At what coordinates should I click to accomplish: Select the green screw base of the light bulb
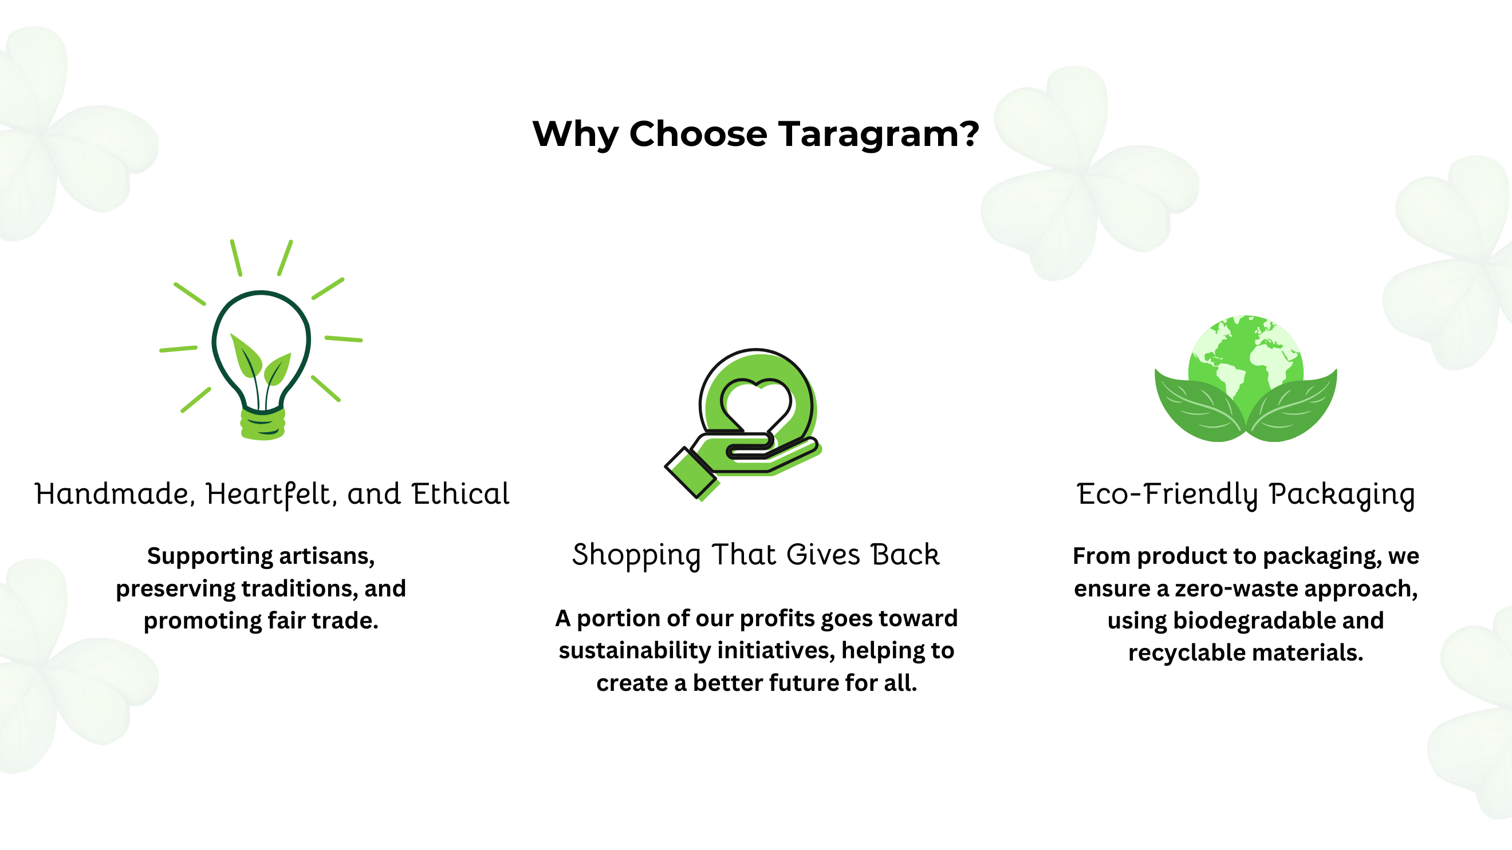coord(262,424)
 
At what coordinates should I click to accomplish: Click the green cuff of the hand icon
coord(691,473)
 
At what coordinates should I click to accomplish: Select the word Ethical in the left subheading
coord(460,494)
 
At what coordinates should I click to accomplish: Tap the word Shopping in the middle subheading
coord(636,556)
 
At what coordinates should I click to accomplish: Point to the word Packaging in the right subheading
coord(1342,496)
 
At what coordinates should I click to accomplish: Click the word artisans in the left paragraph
coord(326,556)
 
